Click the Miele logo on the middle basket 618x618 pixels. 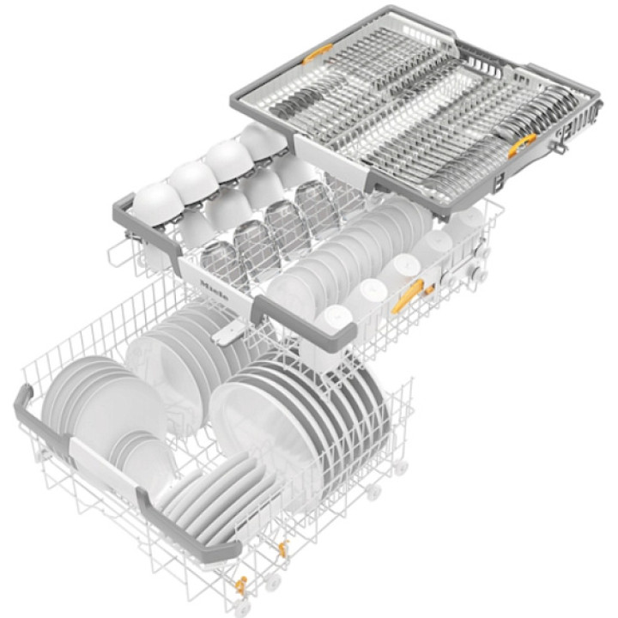(x=214, y=291)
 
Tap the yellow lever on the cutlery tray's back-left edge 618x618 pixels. (x=318, y=53)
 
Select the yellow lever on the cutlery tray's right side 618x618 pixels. (x=522, y=145)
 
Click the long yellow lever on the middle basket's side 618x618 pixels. (x=408, y=295)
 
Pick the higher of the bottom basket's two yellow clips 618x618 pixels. (x=282, y=548)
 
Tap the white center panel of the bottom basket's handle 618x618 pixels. (x=105, y=465)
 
